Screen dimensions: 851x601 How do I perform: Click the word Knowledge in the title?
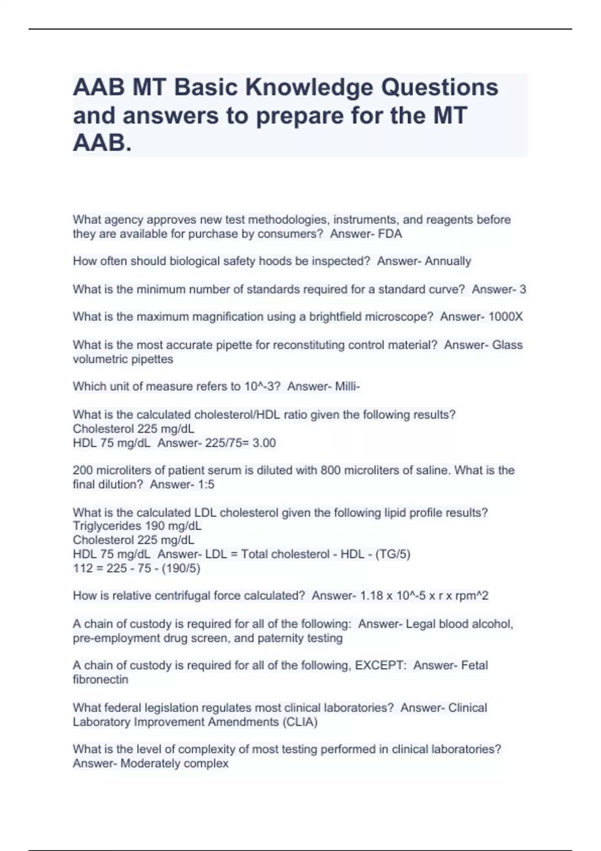[309, 88]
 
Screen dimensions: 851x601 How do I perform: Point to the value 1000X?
[505, 317]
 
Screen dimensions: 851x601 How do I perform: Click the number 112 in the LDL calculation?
[83, 568]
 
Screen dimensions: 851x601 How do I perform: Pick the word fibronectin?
[101, 680]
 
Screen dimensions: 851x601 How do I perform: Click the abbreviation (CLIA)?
[300, 722]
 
